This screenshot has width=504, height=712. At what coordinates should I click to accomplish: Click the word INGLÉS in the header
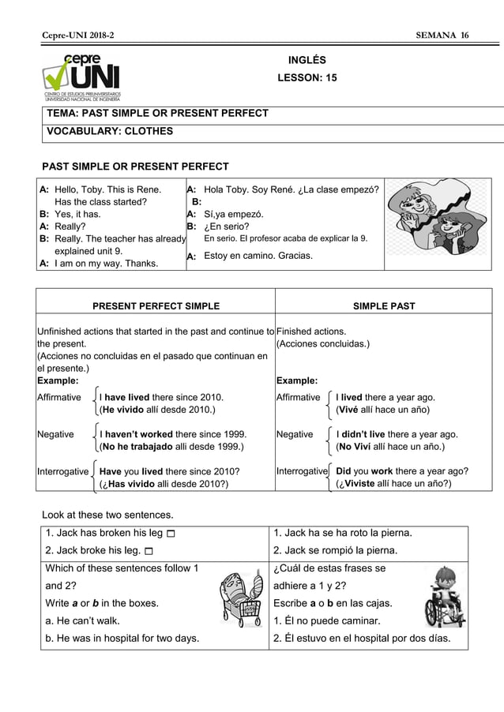pos(307,60)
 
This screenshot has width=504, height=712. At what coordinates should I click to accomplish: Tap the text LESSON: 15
pos(307,78)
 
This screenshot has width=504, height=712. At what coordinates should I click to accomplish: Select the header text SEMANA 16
pos(442,36)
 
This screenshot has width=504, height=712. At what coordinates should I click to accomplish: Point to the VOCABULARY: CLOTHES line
pos(110,131)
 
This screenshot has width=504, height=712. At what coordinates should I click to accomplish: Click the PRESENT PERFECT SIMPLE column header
pos(156,306)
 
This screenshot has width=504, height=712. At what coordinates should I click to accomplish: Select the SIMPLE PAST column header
pos(383,306)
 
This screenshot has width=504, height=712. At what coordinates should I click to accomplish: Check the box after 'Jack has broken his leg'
pos(172,534)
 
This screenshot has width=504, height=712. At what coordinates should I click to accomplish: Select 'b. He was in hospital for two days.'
pos(122,638)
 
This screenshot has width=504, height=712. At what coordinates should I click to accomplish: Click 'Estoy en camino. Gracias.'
pos(258,256)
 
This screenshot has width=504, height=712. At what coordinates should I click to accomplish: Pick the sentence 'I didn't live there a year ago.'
pos(397,434)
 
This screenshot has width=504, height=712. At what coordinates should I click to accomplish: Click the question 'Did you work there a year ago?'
pos(401,471)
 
